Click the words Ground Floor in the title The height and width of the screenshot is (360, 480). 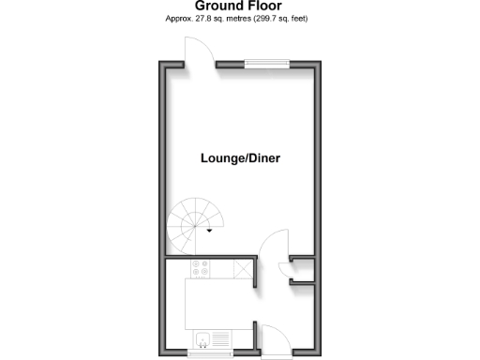[x=240, y=6]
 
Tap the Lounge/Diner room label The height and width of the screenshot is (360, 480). [x=241, y=158]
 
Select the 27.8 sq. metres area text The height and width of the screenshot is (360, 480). [x=215, y=19]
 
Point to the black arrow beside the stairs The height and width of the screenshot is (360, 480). [x=210, y=231]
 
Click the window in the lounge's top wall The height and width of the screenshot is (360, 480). [x=266, y=64]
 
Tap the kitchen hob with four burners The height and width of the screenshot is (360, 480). [x=200, y=269]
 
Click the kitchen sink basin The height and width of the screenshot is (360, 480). [x=202, y=338]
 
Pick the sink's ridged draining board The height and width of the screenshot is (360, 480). [x=221, y=338]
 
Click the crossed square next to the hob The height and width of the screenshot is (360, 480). [x=243, y=269]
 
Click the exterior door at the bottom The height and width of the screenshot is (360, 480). [x=272, y=337]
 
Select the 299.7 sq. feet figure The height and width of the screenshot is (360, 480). [x=281, y=19]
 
